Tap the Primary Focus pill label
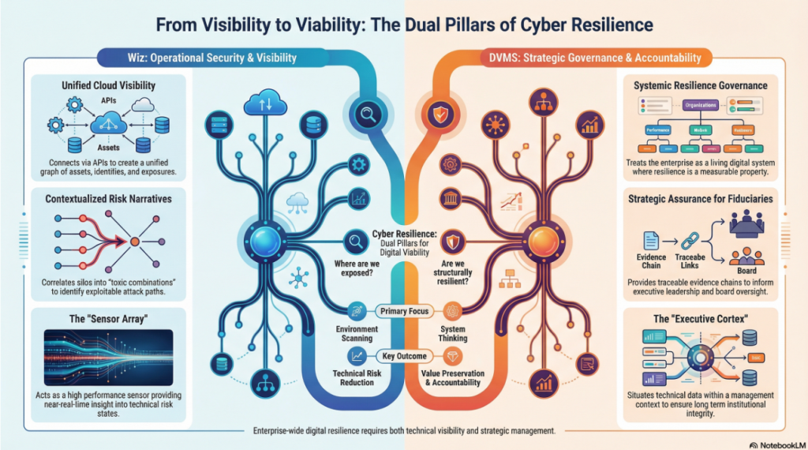403,311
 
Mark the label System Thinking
453,333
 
